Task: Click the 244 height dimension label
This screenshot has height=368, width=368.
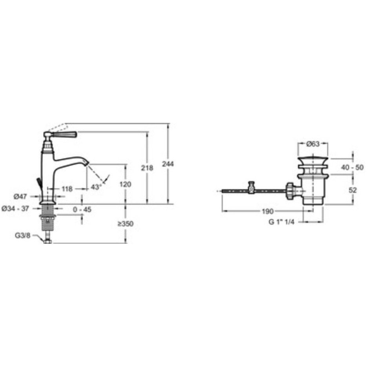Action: click(168, 164)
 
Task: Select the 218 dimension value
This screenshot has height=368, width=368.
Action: click(147, 168)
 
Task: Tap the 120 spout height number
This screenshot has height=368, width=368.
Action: click(125, 184)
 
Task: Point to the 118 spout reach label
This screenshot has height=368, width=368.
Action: click(67, 189)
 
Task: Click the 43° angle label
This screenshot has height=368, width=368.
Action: click(97, 187)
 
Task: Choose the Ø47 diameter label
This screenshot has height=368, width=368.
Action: click(20, 196)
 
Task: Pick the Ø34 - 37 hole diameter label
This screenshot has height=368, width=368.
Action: click(15, 208)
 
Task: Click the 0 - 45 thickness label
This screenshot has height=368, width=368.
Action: click(82, 210)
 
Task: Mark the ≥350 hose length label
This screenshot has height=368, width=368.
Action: click(126, 224)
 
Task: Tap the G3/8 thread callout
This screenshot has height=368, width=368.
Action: click(22, 235)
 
